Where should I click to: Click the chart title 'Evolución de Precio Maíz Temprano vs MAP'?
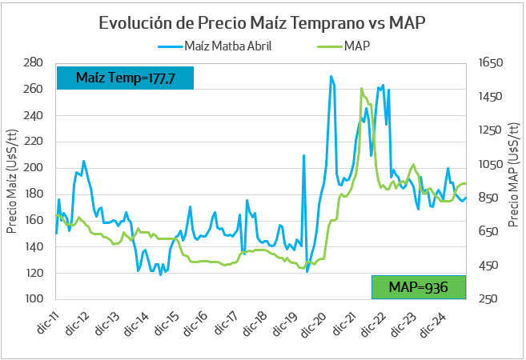[262, 22]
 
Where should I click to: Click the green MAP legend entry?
[357, 46]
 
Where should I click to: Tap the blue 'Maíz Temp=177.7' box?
[125, 78]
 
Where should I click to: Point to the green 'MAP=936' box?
[418, 287]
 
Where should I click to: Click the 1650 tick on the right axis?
[491, 62]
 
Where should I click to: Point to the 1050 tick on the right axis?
[491, 164]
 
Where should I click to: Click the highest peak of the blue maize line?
[331, 77]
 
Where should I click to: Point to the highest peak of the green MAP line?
[362, 89]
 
